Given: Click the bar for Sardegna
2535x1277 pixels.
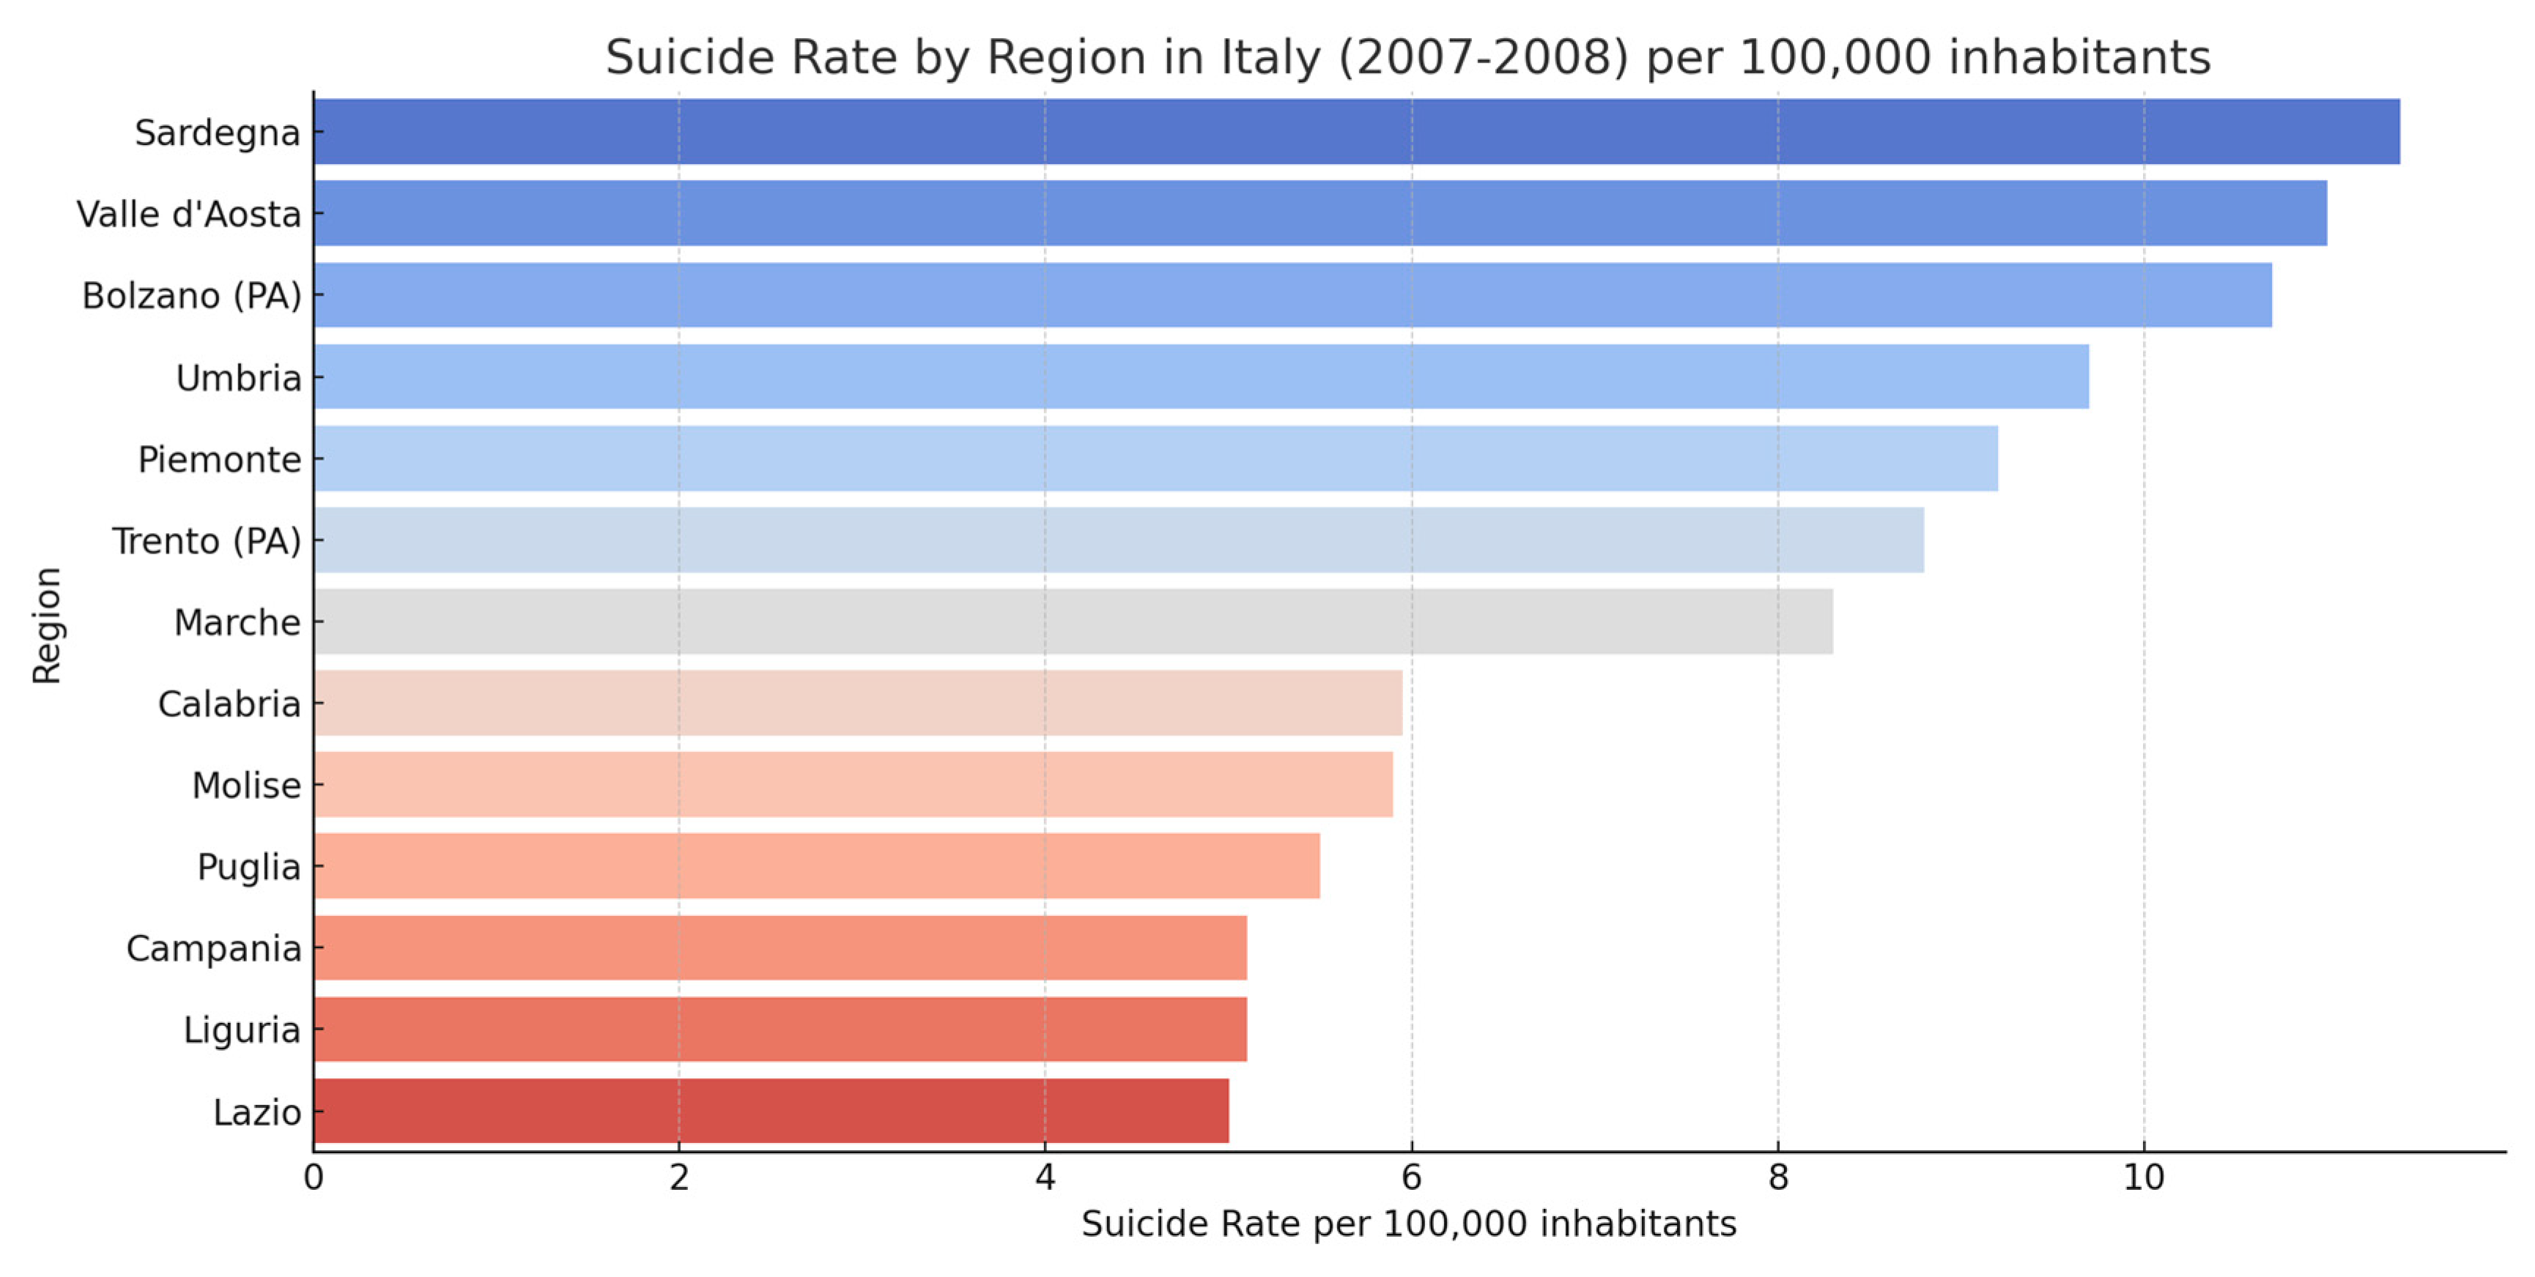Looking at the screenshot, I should tap(1356, 132).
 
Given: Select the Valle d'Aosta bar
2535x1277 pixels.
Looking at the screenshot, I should tap(1320, 214).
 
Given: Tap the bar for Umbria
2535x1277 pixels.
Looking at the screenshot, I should tap(1201, 377).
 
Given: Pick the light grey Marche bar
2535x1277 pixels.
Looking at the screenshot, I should tap(1073, 622).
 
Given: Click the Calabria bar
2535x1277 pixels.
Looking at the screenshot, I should tap(857, 704).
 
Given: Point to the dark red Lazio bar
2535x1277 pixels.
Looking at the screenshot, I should tap(771, 1111).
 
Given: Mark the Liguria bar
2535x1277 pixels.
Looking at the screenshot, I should tap(780, 1029).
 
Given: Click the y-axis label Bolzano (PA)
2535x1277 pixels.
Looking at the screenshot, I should tap(191, 295).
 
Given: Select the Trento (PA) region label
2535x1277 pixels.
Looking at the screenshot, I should tap(206, 541).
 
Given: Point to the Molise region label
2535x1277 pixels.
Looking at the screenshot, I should tap(246, 785).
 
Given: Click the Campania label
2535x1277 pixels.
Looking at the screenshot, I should tap(213, 948).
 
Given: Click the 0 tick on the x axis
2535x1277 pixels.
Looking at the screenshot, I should tap(313, 1177).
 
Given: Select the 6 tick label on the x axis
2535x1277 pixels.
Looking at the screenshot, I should tap(1411, 1177).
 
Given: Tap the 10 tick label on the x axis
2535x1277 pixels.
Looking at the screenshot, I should tap(2143, 1177).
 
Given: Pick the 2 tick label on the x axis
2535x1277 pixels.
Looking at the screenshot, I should tap(679, 1177).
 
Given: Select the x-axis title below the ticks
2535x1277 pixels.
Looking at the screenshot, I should tap(1408, 1224).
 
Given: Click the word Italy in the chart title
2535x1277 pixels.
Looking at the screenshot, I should tap(1270, 57).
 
